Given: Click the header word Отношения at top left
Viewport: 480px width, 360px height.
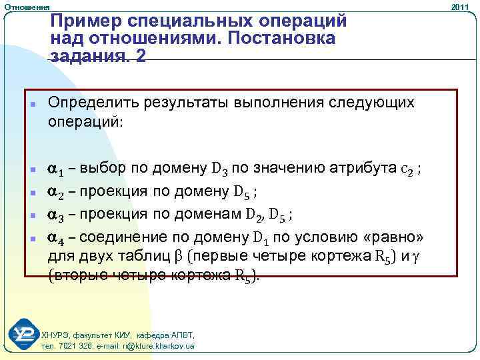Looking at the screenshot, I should click(x=23, y=6).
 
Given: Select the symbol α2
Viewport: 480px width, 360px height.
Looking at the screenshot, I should click(x=58, y=192).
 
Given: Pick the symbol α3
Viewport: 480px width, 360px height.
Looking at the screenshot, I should click(x=58, y=215).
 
